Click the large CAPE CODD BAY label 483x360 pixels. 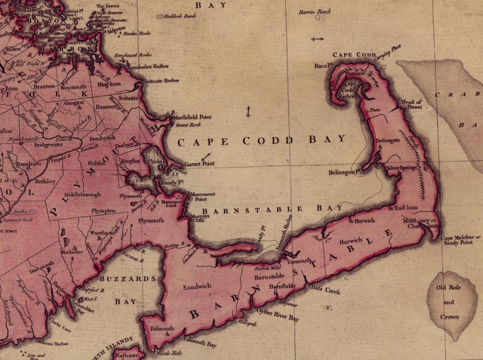tap(261, 140)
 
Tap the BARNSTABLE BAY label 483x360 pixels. tap(268, 208)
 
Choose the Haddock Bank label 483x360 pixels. tap(174, 15)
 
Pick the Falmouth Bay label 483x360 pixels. tap(201, 344)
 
